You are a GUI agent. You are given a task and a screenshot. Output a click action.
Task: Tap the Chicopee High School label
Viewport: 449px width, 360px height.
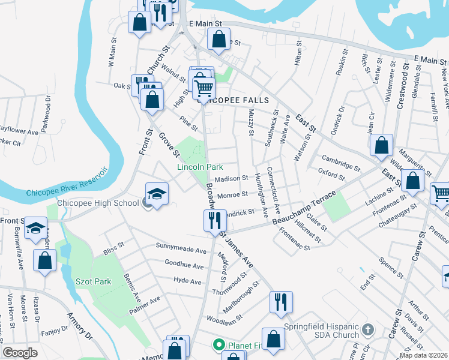(98, 203)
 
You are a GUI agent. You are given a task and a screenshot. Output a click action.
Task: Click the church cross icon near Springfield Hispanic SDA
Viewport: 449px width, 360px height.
(368, 330)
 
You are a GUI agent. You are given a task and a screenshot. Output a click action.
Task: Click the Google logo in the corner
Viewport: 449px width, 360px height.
(20, 353)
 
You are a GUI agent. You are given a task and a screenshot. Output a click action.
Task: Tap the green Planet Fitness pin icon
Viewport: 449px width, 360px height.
(219, 345)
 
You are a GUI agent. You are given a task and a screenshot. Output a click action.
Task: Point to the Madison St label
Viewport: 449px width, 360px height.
(232, 178)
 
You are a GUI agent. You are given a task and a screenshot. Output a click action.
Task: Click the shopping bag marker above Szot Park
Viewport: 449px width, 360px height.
(45, 260)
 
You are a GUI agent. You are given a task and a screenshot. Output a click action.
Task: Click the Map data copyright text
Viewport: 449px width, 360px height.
(424, 355)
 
